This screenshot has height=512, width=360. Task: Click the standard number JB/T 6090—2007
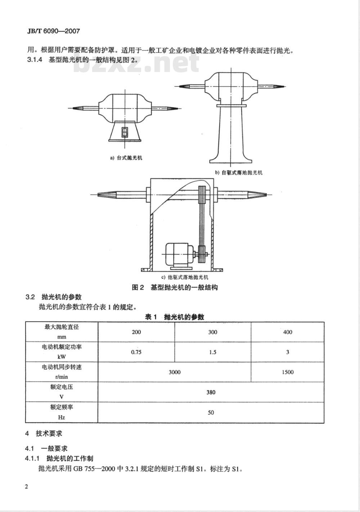coord(54,31)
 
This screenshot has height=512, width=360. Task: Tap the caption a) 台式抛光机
coord(126,158)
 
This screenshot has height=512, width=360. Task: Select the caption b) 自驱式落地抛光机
coord(238,172)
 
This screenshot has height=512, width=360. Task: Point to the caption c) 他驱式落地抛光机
coord(185,277)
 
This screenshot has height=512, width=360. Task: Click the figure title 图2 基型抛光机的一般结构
coord(175,287)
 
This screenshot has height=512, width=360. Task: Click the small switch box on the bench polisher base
coord(125,132)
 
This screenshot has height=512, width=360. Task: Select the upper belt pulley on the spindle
coord(202,194)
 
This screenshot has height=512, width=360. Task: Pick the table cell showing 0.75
coord(136,352)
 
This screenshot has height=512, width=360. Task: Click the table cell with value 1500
coord(288,372)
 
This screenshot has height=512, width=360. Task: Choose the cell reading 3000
coord(175,372)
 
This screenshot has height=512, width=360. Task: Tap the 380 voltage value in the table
coord(211,392)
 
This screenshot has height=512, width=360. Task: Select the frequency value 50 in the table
coord(211,413)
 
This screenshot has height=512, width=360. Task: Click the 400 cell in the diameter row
coord(288,332)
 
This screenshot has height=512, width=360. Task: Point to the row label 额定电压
coord(62,387)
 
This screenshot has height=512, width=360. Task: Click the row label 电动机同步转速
coord(62,367)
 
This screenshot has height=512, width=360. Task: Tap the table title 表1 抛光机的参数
coord(174,317)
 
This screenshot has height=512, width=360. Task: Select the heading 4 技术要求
coord(44,434)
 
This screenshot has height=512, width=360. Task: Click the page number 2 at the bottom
coord(27,487)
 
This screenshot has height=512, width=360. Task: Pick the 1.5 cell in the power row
coord(212,352)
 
